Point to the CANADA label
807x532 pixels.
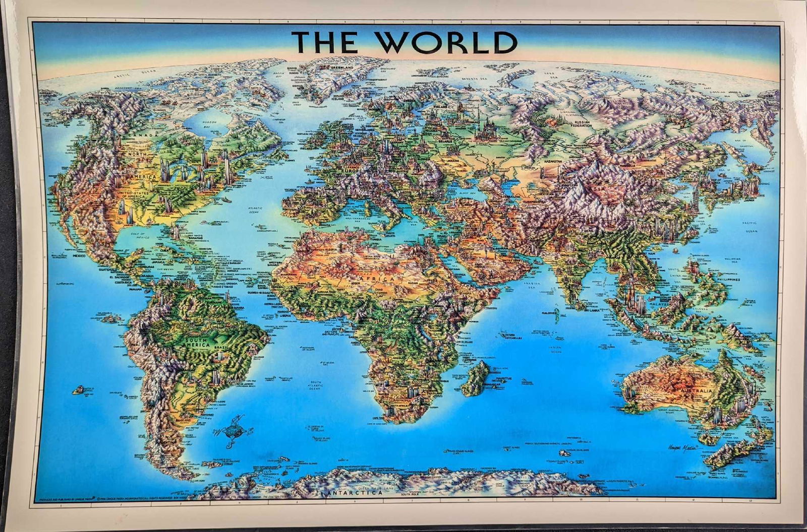pos(134,135)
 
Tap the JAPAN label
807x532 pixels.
pos(752,199)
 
